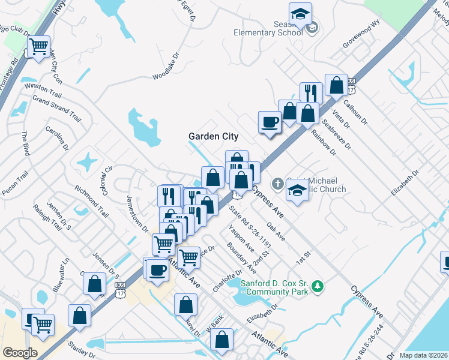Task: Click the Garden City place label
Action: pos(214,136)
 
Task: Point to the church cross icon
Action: pos(278,183)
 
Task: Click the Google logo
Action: pos(20,353)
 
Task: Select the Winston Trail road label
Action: pos(43,90)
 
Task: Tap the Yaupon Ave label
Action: pos(240,238)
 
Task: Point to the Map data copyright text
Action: pos(423,355)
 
